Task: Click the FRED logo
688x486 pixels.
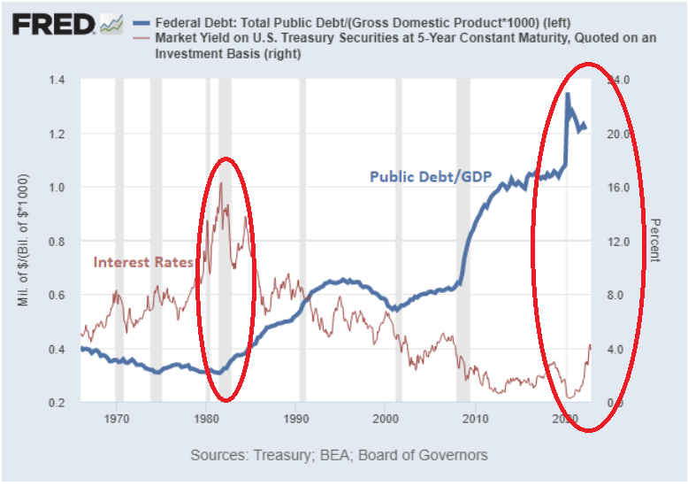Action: tap(53, 24)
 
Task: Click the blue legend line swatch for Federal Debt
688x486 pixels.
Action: tap(138, 21)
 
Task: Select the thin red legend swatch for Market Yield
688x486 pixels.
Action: tap(138, 39)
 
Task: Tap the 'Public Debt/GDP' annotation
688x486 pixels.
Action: tap(430, 176)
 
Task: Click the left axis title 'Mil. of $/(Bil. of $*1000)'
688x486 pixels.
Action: tap(24, 242)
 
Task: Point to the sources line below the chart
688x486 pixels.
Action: tap(339, 455)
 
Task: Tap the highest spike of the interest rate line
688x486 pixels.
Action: tap(221, 182)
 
